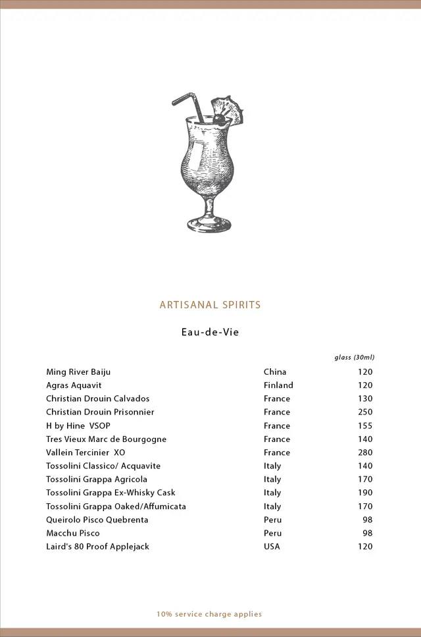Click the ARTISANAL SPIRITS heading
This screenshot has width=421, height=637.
pyautogui.click(x=210, y=305)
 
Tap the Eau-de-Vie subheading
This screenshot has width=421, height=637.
pyautogui.click(x=210, y=332)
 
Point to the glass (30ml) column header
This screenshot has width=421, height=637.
pyautogui.click(x=354, y=358)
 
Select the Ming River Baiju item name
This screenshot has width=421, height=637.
pyautogui.click(x=78, y=372)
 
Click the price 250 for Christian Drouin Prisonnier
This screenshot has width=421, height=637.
pyautogui.click(x=364, y=412)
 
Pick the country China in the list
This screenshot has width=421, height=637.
pyautogui.click(x=275, y=372)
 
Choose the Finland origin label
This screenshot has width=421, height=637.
pyautogui.click(x=278, y=385)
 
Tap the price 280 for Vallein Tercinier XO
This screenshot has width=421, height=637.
pyautogui.click(x=364, y=453)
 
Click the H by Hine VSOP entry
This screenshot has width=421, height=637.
pyautogui.click(x=78, y=426)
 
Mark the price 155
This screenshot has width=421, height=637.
pyautogui.click(x=364, y=426)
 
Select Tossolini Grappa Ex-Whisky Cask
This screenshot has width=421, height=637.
pyautogui.click(x=111, y=493)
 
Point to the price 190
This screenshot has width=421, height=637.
pyautogui.click(x=364, y=493)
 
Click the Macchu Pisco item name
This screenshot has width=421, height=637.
pyautogui.click(x=73, y=533)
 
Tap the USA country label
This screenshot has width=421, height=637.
pyautogui.click(x=272, y=547)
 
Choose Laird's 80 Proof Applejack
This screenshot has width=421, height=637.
pyautogui.click(x=97, y=547)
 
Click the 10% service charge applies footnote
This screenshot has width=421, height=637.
pyautogui.click(x=209, y=614)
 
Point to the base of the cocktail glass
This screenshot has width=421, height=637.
pyautogui.click(x=209, y=225)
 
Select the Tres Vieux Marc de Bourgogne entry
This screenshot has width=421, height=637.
pyautogui.click(x=106, y=439)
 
